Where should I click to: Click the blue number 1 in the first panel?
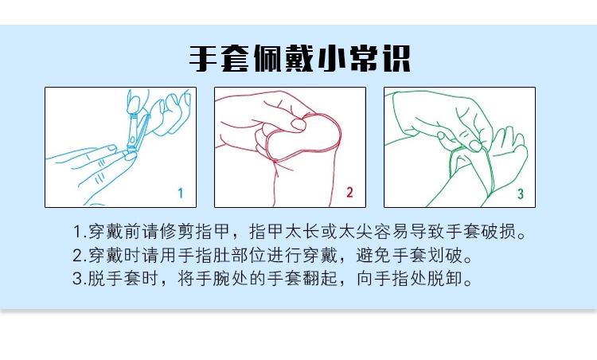pos(181,194)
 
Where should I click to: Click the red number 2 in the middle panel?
pos(349,192)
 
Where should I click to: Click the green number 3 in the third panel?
pos(520,194)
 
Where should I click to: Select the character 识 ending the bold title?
pos(396,58)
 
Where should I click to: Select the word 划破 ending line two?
pos(446,255)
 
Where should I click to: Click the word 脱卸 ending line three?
pos(446,279)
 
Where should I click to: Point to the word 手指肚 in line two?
pos(204,255)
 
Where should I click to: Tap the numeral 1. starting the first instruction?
pos(79,232)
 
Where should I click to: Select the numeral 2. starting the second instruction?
pos(79,256)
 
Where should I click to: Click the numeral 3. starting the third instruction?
pos(79,279)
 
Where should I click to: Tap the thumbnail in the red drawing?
pos(298,124)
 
